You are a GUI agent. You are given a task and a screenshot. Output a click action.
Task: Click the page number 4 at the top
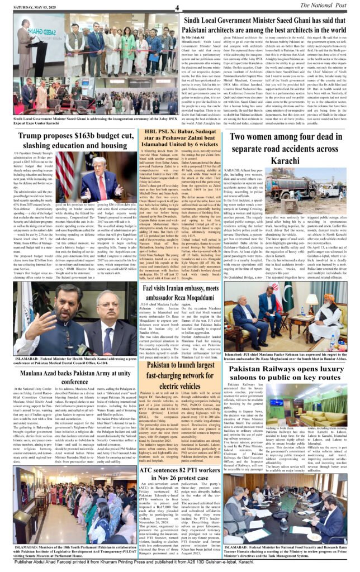(177, 7)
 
